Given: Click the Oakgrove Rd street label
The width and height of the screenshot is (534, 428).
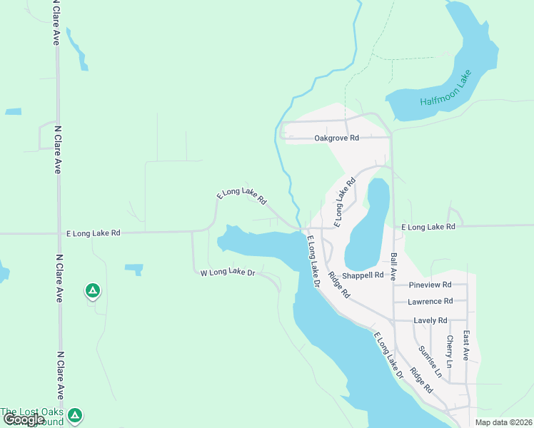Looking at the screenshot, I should point(336,138).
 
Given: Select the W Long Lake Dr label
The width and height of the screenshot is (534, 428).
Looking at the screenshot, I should point(227,272).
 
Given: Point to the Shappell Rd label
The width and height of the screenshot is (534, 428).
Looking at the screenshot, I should point(363,275).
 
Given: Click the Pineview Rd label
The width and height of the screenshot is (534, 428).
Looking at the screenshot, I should point(431,285).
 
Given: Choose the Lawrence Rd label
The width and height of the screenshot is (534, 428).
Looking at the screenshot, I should point(430,302).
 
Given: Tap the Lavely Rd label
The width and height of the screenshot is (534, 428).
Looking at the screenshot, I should point(431,320).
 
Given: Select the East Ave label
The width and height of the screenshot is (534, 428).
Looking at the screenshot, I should point(466,345).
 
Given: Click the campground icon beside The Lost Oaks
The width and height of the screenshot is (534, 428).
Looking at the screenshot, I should point(76,414).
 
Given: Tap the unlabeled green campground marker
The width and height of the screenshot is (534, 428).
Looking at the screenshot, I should point(92,290).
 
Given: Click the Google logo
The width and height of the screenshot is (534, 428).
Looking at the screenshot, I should point(24,419).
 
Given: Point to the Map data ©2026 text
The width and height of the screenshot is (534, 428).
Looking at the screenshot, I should point(503,422).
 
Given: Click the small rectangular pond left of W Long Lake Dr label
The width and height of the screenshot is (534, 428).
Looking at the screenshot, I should point(133,269).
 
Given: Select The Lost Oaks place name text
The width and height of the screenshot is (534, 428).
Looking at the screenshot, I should point(31,412).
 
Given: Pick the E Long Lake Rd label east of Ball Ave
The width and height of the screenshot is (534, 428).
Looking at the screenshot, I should point(428,227).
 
